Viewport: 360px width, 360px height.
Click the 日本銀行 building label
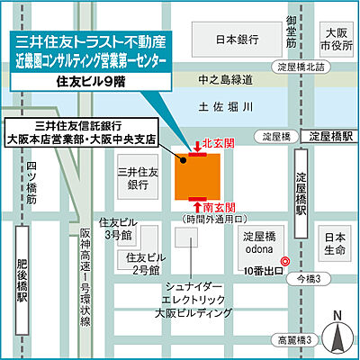pos(237,40)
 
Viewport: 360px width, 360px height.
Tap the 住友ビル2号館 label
pos(143,262)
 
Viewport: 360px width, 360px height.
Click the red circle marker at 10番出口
pos(284,263)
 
